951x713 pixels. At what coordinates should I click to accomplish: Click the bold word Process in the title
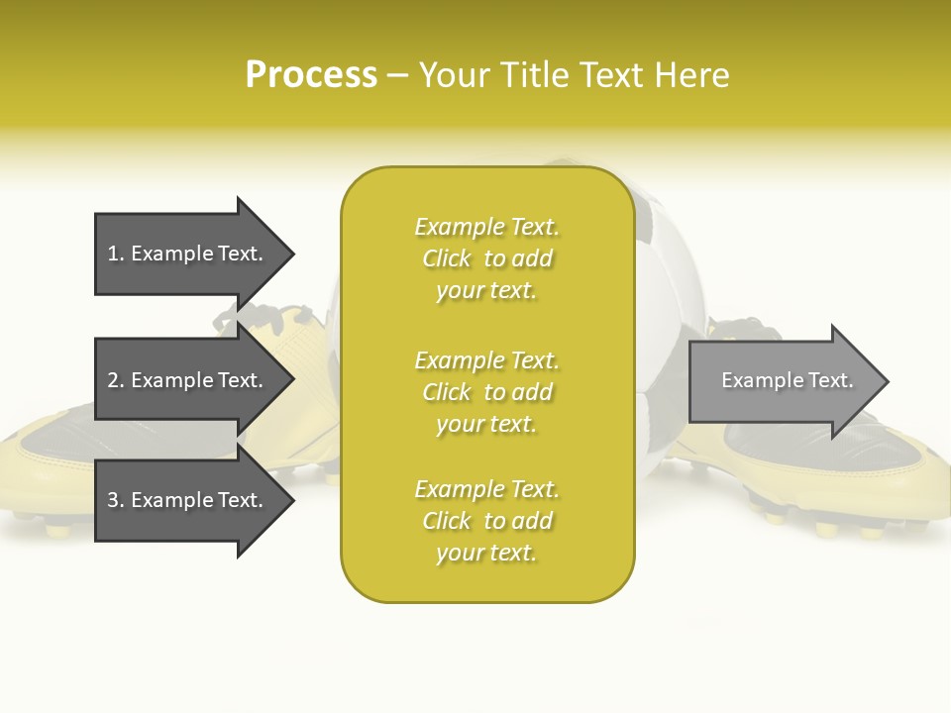click(x=311, y=75)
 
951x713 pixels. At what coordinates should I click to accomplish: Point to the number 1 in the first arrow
click(x=113, y=254)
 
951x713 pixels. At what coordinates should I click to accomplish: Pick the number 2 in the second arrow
click(x=113, y=380)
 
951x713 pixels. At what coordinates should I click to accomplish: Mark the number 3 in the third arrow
click(x=113, y=500)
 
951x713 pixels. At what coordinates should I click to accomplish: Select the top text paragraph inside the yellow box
click(x=486, y=258)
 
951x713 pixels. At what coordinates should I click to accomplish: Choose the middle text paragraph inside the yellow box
click(x=486, y=392)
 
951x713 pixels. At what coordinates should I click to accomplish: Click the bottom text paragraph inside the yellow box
click(x=486, y=521)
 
